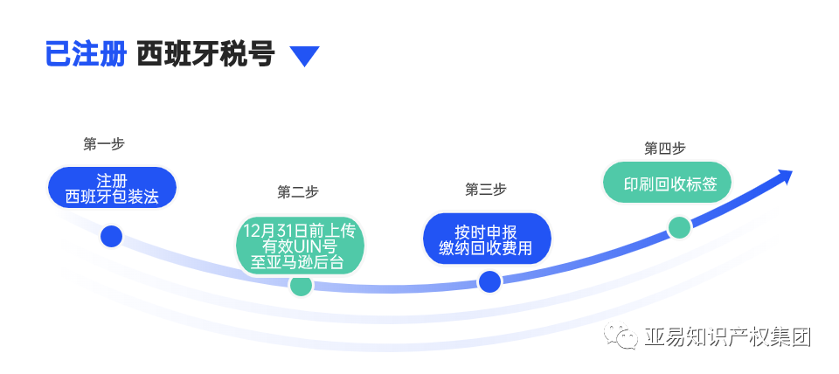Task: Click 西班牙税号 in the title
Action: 205,55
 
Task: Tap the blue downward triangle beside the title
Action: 304,57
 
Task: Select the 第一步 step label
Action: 104,144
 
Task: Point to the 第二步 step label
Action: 298,192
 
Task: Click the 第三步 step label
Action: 486,190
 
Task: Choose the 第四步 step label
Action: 665,149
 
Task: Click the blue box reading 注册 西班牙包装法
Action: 112,188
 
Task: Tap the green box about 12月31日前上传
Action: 300,246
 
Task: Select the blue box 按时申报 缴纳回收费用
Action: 486,239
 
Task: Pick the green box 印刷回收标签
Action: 666,184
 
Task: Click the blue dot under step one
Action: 111,236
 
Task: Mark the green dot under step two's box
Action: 301,285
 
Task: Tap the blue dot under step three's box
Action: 489,281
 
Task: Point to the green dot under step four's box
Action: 679,228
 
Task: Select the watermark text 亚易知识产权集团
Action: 727,336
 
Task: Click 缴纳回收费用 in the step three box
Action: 486,248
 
